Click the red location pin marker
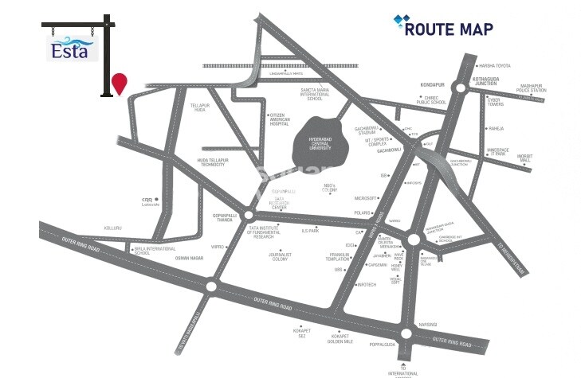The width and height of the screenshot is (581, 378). coord(120,82)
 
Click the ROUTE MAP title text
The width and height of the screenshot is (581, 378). coord(448,29)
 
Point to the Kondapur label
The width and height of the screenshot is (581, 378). coord(431,84)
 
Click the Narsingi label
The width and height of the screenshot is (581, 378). coord(427,325)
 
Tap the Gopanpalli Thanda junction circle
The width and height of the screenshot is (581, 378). coord(248,215)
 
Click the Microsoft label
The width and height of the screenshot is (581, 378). coord(365,197)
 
